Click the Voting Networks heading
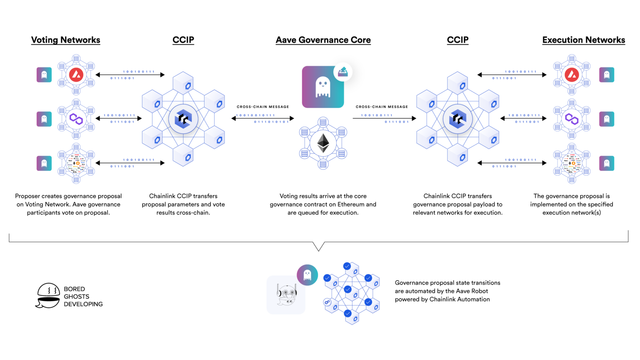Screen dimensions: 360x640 point(65,40)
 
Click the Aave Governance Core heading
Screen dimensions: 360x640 point(323,40)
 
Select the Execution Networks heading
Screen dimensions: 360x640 point(583,40)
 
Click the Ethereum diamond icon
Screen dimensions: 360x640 point(323,143)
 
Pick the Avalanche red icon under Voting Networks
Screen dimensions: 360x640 point(76,75)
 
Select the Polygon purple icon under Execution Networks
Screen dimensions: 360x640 point(572,119)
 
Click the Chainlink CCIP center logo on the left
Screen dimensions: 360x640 point(183,119)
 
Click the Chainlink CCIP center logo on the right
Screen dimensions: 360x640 point(457,119)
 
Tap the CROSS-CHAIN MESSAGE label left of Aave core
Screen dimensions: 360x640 point(262,107)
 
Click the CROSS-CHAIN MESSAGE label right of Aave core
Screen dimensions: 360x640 point(382,107)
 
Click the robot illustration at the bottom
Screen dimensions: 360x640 point(286,295)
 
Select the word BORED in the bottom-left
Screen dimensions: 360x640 point(74,289)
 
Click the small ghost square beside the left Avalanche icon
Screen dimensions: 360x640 point(44,75)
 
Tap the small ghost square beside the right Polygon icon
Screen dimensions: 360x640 point(607,119)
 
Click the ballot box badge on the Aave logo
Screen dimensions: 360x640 point(343,72)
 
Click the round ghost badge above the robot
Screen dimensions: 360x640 point(307,275)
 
